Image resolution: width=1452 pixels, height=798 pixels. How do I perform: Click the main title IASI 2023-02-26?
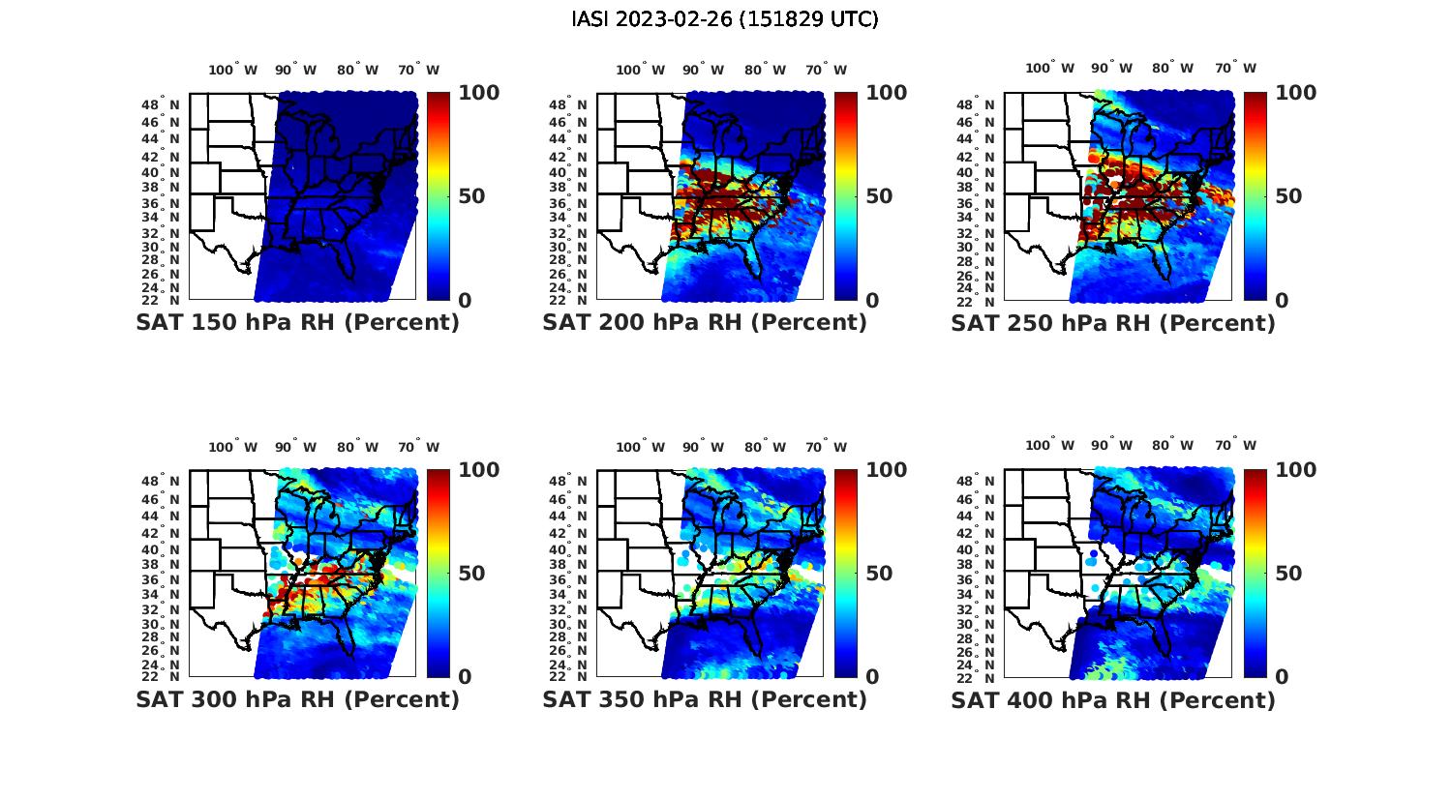tap(725, 19)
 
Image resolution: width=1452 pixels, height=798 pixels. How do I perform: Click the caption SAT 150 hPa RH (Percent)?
tap(297, 323)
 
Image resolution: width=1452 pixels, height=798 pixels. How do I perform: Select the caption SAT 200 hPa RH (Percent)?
tap(705, 323)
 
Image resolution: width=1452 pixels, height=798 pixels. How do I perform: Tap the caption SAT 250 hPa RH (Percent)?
tap(1113, 323)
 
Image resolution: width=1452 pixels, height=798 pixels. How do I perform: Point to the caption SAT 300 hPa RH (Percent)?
tap(297, 699)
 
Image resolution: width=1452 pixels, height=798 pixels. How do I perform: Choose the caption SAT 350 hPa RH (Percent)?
tap(705, 699)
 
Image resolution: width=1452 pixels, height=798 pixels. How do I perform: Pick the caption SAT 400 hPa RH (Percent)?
tap(1113, 699)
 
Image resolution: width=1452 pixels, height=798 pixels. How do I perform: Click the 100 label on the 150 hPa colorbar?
tap(478, 93)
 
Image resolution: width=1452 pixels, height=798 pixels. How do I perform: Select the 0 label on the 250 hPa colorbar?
tap(1282, 301)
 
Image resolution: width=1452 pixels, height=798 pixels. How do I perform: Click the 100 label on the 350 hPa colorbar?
tap(887, 470)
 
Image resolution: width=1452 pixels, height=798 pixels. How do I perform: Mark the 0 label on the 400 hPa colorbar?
tap(1282, 677)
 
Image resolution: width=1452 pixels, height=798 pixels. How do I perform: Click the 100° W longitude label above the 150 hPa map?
tap(233, 70)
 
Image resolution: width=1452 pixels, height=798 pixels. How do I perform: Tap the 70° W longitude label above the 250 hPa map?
tap(1235, 68)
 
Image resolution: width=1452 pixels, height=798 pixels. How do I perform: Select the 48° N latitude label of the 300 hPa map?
tap(169, 481)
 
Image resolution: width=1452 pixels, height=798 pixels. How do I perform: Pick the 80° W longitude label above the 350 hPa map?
tap(766, 447)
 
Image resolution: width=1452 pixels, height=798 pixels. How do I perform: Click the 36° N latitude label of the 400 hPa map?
tap(984, 579)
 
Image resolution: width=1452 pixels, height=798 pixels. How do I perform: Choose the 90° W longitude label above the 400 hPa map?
tap(1112, 445)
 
